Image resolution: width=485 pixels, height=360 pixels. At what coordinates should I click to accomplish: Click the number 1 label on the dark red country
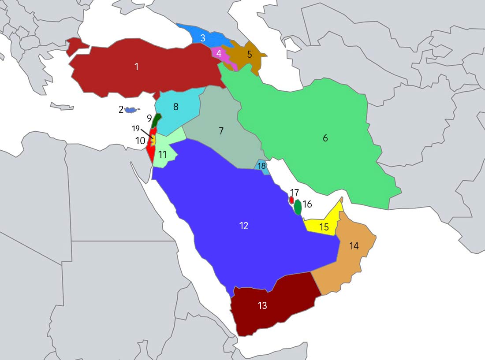tap(136, 67)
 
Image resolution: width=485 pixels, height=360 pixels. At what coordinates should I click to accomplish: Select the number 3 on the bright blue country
tap(203, 38)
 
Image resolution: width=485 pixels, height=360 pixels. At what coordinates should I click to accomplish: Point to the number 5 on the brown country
tap(249, 55)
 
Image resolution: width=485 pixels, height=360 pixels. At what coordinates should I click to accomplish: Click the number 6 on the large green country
tap(325, 138)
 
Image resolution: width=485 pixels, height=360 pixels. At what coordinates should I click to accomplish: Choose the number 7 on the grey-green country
tap(221, 131)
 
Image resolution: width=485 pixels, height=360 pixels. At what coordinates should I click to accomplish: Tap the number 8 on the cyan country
tap(175, 107)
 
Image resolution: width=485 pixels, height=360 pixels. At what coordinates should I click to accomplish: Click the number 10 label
tap(140, 141)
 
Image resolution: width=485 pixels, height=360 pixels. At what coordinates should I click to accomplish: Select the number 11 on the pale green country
tap(162, 155)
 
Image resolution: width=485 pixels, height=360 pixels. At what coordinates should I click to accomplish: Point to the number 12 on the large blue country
tap(244, 226)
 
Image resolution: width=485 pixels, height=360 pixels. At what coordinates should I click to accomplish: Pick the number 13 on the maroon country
tap(262, 305)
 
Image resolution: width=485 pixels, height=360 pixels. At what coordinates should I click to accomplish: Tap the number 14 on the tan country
tap(354, 246)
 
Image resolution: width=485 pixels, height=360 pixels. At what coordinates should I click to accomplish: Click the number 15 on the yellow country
tap(324, 227)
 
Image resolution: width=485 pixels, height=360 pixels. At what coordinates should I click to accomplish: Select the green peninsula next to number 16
tap(298, 207)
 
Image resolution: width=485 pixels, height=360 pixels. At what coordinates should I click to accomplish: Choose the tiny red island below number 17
tap(291, 200)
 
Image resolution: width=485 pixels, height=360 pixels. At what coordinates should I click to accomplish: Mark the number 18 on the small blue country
tap(262, 166)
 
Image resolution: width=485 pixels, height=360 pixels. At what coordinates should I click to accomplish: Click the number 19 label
tap(136, 129)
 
